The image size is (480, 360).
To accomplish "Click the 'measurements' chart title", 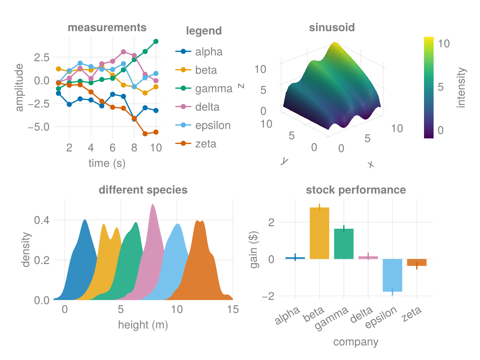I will (x=107, y=28).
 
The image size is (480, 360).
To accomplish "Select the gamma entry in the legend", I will (x=214, y=89).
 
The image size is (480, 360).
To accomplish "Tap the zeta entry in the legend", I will (x=206, y=144).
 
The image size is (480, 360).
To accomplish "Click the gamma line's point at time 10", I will (x=156, y=42).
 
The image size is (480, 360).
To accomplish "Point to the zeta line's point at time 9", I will (x=145, y=134).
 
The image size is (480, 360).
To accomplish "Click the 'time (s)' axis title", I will (x=107, y=163).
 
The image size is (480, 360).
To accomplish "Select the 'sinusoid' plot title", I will (x=332, y=28).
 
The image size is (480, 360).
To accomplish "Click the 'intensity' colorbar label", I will (x=462, y=88).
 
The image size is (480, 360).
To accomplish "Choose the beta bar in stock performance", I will (x=320, y=233).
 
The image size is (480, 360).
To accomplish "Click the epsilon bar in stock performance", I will (x=392, y=275).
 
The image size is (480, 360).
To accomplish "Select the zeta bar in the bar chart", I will (x=417, y=262).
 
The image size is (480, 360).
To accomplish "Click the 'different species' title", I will (x=143, y=190).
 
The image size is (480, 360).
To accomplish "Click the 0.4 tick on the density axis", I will (x=42, y=220).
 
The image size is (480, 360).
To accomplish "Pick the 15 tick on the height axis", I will (x=233, y=309).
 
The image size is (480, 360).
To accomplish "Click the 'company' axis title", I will (x=355, y=342).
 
